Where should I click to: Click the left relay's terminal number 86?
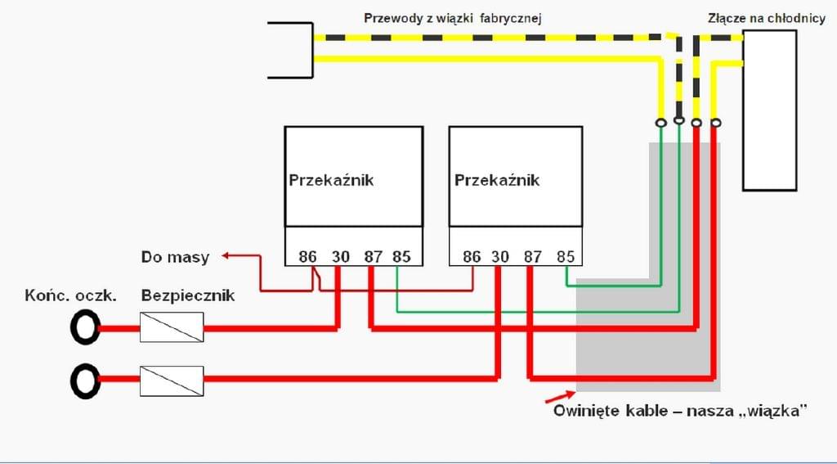tap(307, 257)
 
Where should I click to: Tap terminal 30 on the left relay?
tap(341, 257)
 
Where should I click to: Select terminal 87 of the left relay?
tap(373, 257)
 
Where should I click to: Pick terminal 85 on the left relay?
tap(402, 257)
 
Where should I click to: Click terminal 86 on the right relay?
tap(472, 257)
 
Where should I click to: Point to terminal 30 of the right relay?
tap(500, 257)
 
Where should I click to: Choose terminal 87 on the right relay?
tap(532, 257)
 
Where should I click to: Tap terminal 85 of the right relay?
tap(566, 257)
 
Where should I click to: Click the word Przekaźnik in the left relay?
tap(332, 180)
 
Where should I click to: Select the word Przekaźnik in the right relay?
tap(497, 180)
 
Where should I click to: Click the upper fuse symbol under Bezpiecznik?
tap(172, 327)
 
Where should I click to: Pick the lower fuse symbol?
tap(172, 381)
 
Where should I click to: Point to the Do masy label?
tap(175, 257)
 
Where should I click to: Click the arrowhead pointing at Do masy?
tap(226, 256)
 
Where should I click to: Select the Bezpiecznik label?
tap(188, 295)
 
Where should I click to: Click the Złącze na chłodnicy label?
tap(767, 19)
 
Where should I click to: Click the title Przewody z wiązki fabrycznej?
tap(453, 19)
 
